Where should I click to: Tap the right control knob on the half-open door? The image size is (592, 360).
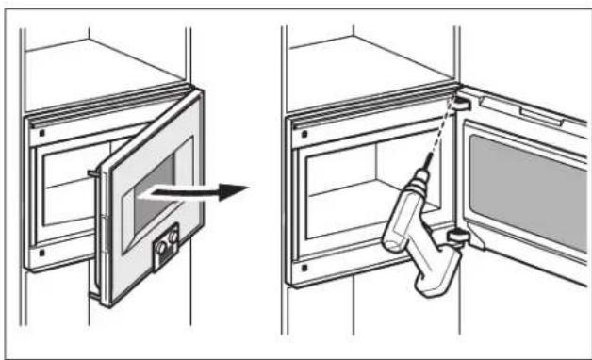pyautogui.click(x=173, y=242)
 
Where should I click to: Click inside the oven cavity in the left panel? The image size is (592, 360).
pyautogui.click(x=66, y=188)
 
